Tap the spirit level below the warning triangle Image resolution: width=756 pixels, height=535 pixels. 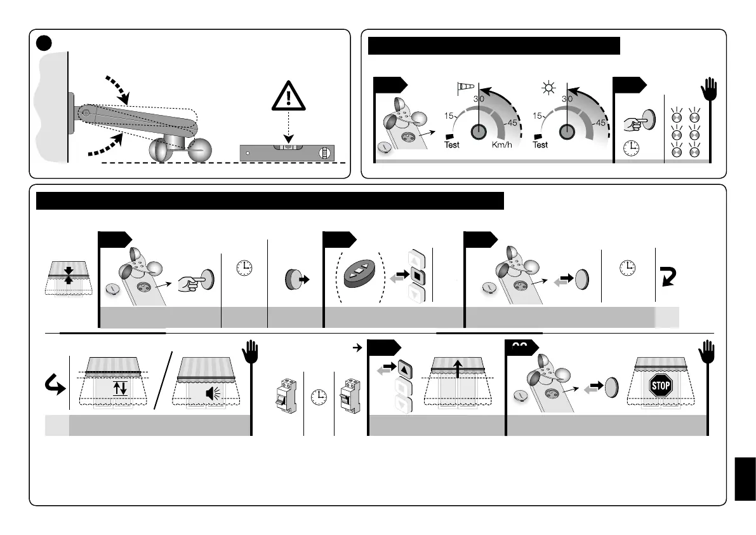[x=287, y=153]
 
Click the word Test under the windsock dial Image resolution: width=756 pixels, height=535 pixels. [x=451, y=145]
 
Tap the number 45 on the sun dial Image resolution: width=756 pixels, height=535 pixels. [x=599, y=123]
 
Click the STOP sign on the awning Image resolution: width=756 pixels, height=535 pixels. [x=660, y=385]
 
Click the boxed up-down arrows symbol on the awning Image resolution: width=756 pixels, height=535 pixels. [x=119, y=387]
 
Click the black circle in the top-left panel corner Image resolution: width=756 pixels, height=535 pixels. [x=43, y=42]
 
